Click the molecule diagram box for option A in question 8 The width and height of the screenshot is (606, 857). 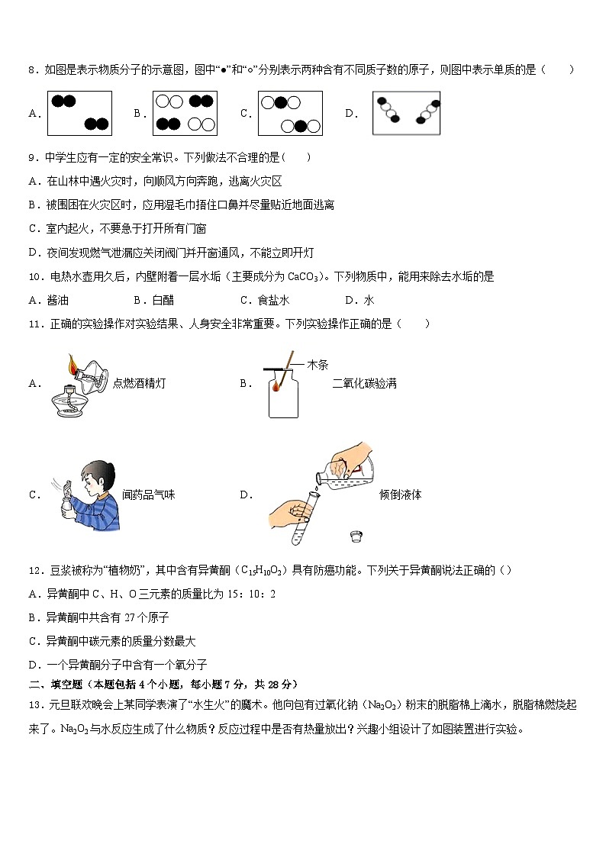(80, 113)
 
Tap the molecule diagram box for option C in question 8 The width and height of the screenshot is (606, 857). (290, 113)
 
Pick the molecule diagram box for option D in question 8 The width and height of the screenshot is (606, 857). (406, 113)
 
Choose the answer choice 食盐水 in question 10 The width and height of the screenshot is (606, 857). (272, 300)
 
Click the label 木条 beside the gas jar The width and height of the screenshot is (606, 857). (318, 365)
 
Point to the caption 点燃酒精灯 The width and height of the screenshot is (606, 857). (139, 383)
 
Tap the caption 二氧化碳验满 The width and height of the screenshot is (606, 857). (364, 383)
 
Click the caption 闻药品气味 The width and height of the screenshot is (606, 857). (149, 495)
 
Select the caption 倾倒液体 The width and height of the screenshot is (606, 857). (400, 495)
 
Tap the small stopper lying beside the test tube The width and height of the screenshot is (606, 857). (355, 536)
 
